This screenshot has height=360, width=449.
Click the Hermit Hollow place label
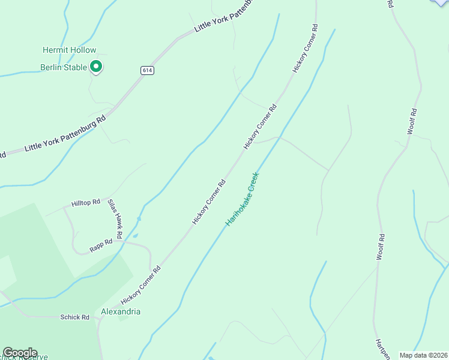[69, 50]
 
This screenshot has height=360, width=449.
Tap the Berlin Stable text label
[64, 67]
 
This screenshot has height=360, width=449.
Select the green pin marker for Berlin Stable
[95, 67]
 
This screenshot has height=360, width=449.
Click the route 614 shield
[146, 70]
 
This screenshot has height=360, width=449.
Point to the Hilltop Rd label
[85, 203]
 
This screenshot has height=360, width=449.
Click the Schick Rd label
[74, 317]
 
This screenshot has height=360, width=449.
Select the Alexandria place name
[121, 312]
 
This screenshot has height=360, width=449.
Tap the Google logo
[20, 353]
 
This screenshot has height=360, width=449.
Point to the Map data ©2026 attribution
[423, 355]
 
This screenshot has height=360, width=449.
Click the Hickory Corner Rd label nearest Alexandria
[141, 286]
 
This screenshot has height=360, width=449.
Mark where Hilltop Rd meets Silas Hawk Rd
[110, 198]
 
